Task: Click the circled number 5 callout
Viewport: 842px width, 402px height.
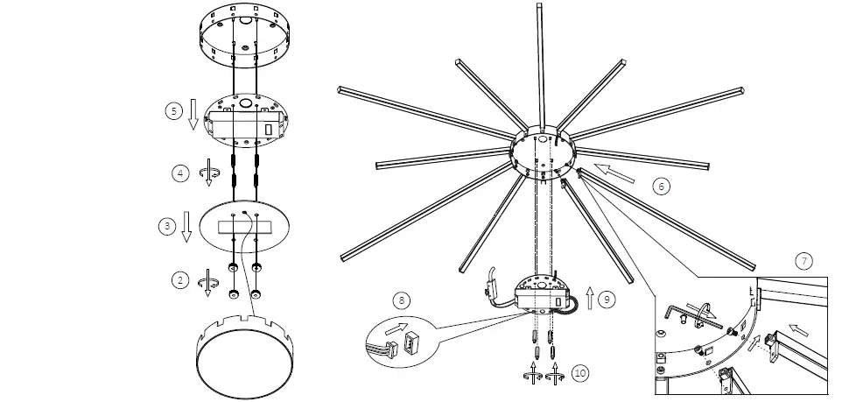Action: point(172,111)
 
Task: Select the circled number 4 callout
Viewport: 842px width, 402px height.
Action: point(179,173)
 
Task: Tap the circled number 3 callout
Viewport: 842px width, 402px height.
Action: point(166,226)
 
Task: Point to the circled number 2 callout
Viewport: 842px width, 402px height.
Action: point(180,280)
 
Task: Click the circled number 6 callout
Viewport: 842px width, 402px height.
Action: point(662,186)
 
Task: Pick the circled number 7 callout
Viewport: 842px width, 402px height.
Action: point(803,260)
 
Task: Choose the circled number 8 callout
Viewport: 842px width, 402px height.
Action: point(401,300)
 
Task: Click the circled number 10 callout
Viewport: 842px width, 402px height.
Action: point(579,372)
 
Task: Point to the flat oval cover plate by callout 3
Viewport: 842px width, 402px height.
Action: point(245,227)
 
